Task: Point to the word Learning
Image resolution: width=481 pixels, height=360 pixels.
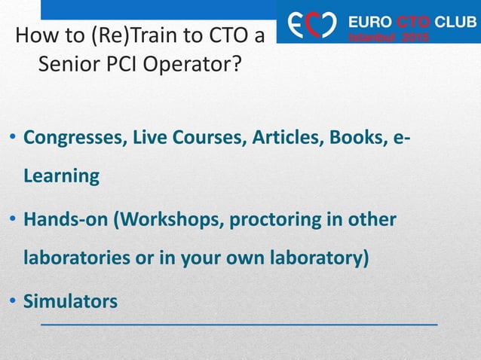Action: coord(61,176)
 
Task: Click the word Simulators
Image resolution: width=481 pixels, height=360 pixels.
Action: coord(70,301)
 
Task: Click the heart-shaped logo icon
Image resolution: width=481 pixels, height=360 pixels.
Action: coord(308,23)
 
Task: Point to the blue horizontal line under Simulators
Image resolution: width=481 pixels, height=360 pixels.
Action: coord(238,322)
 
